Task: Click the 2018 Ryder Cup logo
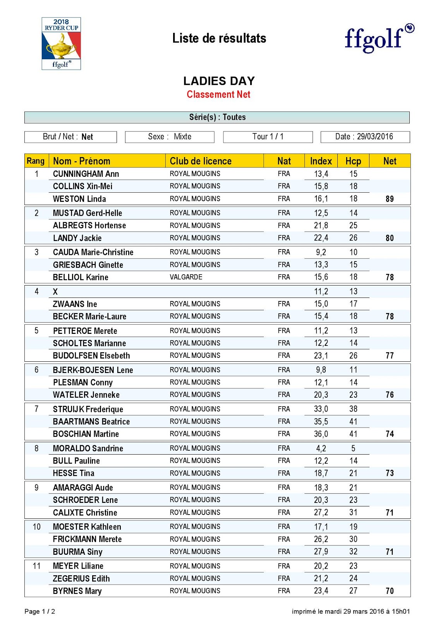pos(61,43)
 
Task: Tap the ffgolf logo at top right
pos(379,39)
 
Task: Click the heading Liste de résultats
pos(219,38)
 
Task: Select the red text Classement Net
pos(218,94)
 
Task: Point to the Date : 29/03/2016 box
pos(365,137)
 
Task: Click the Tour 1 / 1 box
pos(268,137)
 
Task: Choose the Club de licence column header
pos(201,161)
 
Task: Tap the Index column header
pos(321,161)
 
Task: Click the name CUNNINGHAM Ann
pos(86,174)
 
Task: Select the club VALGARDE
pos(186,277)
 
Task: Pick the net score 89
pos(390,199)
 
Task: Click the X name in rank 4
pos(55,292)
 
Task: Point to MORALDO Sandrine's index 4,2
pos(321,448)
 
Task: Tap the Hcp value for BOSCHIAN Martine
pos(353,434)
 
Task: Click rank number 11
pos(36,566)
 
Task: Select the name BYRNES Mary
pos(77,591)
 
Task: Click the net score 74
pos(390,434)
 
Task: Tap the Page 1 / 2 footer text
pos(40,611)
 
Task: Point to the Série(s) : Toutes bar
pos(217,117)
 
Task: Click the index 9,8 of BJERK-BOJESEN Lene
pos(321,370)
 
